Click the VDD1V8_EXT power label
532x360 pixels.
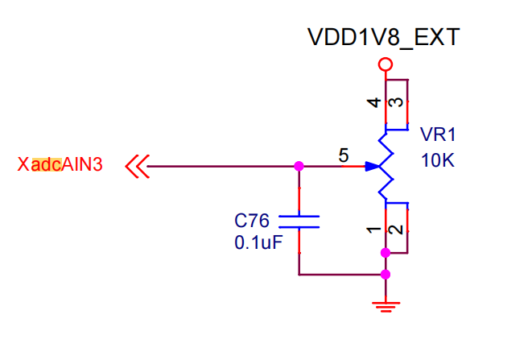point(383,38)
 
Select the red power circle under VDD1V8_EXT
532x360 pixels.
point(386,64)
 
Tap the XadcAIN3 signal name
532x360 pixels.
point(60,164)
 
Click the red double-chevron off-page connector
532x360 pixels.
point(138,167)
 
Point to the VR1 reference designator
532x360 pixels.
point(438,134)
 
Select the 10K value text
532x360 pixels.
point(437,160)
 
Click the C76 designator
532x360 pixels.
point(251,221)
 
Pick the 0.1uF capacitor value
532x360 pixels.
point(258,242)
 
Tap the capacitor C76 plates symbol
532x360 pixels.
point(299,221)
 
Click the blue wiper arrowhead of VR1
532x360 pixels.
point(372,167)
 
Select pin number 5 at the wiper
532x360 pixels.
point(344,155)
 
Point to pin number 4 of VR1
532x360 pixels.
point(374,102)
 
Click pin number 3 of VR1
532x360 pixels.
point(396,102)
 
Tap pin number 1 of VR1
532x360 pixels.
point(374,230)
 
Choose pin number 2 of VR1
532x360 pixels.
point(396,230)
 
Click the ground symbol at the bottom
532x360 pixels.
point(386,307)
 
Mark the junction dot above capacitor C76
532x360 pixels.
point(299,167)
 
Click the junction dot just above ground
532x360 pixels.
point(386,275)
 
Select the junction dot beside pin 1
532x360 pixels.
point(386,253)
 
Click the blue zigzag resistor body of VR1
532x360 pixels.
point(386,167)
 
